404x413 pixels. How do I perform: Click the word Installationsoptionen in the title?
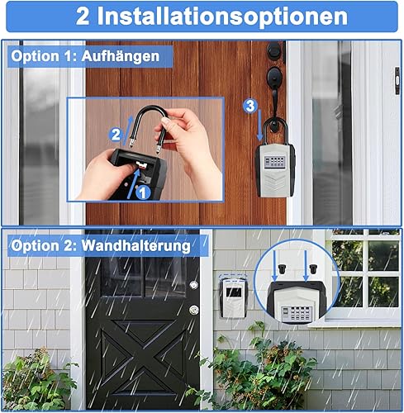point(222,17)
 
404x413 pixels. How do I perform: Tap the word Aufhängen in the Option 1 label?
point(121,57)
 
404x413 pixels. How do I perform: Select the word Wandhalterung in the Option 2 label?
point(136,245)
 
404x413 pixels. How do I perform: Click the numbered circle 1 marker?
point(143,192)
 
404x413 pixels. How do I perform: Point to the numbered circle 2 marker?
point(116,135)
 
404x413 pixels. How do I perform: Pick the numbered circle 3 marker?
point(250,106)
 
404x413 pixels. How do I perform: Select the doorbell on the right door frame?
point(397,81)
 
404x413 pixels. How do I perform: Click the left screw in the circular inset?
point(282,268)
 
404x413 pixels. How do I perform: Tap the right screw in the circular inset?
point(313,268)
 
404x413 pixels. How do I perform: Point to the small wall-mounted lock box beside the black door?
point(234,297)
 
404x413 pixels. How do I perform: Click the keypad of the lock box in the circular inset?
point(297,313)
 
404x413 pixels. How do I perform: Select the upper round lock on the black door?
point(194,285)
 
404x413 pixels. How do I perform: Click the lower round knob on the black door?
point(194,310)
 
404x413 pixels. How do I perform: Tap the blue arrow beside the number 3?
point(259,125)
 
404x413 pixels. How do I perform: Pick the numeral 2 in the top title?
point(83,17)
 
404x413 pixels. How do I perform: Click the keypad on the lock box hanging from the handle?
point(274,162)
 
